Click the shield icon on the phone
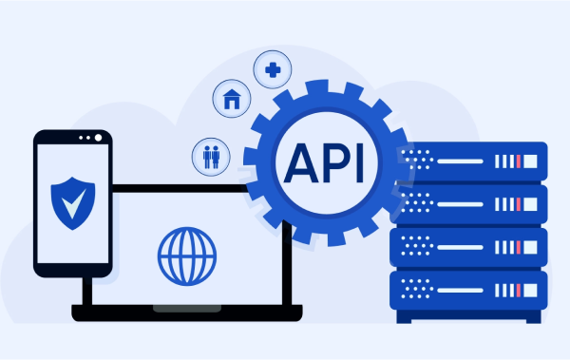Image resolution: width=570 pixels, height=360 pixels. click(71, 200)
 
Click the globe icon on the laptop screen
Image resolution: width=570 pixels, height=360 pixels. click(187, 254)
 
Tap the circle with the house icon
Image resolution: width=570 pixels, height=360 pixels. click(231, 99)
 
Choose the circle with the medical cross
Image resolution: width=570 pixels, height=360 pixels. click(272, 68)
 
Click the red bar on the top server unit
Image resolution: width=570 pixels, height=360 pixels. click(518, 160)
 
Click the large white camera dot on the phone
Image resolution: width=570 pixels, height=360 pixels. click(98, 138)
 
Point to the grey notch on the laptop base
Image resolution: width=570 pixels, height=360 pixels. click(187, 308)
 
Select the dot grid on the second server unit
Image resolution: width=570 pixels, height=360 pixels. click(414, 201)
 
